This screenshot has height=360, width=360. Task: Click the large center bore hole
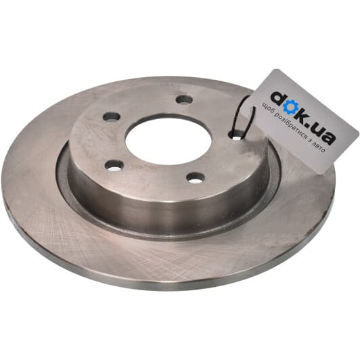[x=168, y=139]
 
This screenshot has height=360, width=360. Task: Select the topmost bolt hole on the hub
[x=184, y=100]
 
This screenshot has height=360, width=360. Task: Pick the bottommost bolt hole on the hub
[x=196, y=178]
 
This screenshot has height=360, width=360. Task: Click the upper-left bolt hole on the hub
[x=112, y=116]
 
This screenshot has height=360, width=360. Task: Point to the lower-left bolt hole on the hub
[x=114, y=166]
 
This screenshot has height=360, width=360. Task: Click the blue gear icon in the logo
[x=289, y=108]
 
